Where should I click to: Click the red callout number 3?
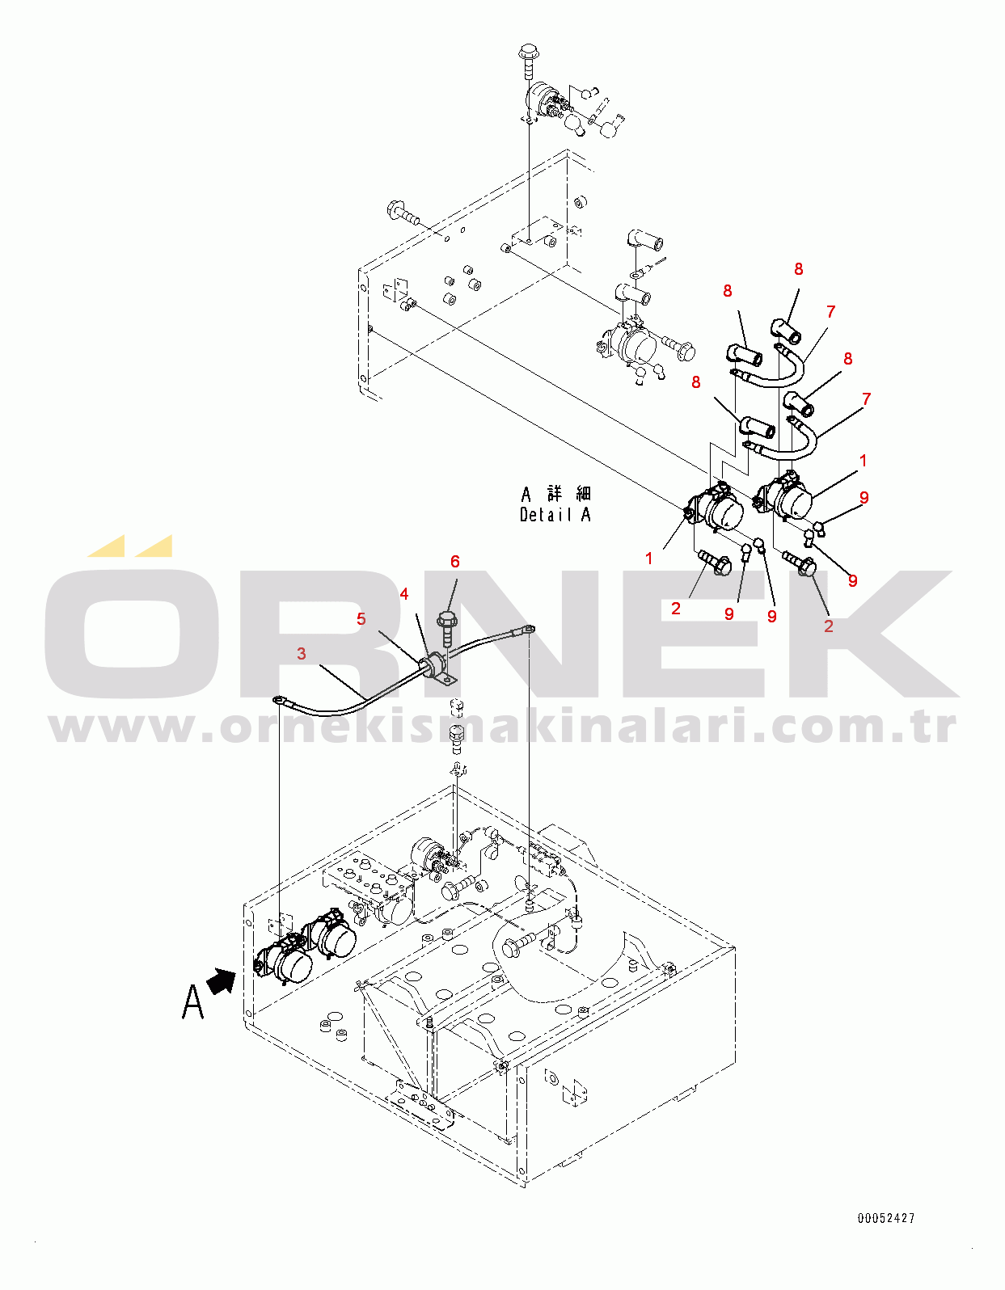coord(302,653)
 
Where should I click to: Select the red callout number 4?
coord(404,594)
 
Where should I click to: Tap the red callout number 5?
coord(361,619)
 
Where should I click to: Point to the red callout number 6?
coord(455,562)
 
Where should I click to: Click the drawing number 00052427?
coord(886,1218)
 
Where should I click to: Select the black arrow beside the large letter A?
coord(222,982)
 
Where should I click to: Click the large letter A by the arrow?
coord(192,1002)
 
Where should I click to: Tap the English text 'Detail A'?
coord(555,515)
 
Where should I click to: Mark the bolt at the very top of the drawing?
coord(529,55)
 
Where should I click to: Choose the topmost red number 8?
coord(799,269)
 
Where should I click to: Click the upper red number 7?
coord(831,311)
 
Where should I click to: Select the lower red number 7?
coord(867,398)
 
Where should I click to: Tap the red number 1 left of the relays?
coord(648,558)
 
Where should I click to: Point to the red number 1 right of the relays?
coord(864,461)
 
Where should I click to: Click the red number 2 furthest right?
coord(828,625)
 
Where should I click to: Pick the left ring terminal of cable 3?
coord(278,700)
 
